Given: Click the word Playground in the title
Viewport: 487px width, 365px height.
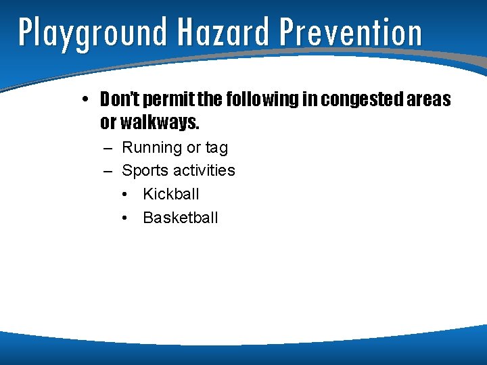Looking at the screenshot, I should click(x=92, y=32).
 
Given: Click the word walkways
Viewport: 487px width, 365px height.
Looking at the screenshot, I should click(x=160, y=123).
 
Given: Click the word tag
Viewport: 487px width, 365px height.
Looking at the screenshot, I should click(x=216, y=148).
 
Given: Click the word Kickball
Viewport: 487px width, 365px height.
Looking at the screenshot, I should click(x=171, y=194).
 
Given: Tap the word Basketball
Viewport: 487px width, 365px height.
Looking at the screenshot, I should click(x=181, y=218).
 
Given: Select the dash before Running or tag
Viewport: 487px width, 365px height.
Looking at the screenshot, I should click(x=108, y=147).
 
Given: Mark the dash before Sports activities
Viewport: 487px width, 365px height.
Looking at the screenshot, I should click(x=108, y=170).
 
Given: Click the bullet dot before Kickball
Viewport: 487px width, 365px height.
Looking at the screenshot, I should click(x=126, y=195).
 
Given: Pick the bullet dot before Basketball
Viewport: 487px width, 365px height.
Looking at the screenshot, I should click(x=126, y=218).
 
